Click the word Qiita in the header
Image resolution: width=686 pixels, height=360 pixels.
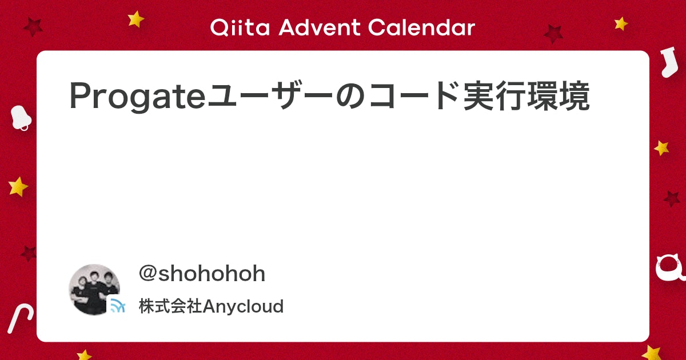(240, 27)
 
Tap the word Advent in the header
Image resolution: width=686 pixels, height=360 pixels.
(319, 27)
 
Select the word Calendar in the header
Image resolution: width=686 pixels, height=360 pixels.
(421, 27)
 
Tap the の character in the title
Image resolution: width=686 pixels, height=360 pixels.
(350, 96)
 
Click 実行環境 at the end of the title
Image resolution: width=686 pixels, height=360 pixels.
(526, 95)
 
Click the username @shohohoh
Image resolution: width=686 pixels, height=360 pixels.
(202, 273)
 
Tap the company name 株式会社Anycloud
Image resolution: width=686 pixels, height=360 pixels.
(212, 306)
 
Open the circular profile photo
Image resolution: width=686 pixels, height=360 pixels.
(94, 289)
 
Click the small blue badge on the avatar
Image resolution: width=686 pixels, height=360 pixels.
(117, 305)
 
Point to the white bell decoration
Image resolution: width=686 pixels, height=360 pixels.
(20, 118)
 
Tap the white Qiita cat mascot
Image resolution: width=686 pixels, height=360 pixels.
(671, 269)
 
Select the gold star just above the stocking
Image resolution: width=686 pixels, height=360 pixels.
(621, 23)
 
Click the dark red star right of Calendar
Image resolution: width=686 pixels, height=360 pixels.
(553, 34)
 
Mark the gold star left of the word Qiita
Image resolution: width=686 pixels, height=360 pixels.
(135, 19)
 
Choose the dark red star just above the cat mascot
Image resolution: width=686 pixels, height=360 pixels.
(672, 199)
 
